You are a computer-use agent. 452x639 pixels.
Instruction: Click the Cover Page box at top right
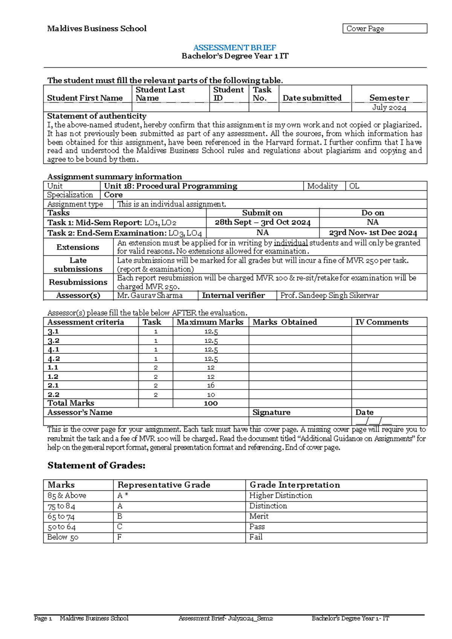click(384, 29)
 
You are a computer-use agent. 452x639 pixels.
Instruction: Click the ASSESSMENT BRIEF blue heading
click(235, 47)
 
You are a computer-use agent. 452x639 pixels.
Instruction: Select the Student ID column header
click(228, 94)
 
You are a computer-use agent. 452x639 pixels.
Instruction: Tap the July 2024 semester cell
click(389, 107)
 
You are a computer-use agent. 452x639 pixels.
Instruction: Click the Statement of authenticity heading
click(97, 116)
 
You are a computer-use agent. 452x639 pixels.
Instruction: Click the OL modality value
click(354, 186)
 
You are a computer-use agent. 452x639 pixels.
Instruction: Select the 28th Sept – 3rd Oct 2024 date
click(263, 222)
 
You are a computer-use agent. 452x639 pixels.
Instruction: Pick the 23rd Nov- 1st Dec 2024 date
click(373, 233)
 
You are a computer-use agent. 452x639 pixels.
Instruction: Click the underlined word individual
click(291, 243)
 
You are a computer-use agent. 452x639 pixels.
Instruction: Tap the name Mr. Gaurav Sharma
click(150, 295)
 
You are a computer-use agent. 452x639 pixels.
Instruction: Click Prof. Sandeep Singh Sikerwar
click(330, 295)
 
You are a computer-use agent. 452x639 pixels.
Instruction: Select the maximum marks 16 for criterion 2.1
click(211, 385)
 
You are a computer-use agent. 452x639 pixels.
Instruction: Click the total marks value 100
click(211, 403)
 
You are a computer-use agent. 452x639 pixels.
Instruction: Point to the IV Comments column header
click(382, 322)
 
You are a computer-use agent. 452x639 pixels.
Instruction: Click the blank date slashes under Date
click(374, 421)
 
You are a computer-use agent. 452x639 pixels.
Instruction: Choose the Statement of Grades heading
click(96, 466)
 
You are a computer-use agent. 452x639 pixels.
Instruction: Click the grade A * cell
click(123, 495)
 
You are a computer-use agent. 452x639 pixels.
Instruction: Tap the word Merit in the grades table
click(259, 516)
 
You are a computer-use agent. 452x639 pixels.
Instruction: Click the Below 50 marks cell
click(63, 537)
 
